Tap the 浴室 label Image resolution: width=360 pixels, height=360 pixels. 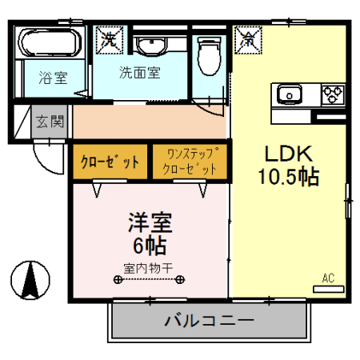[x=54, y=78]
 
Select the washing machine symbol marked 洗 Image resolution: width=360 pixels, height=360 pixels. [x=107, y=38]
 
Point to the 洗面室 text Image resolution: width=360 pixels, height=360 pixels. [x=141, y=73]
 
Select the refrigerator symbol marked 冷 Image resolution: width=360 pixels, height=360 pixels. [x=246, y=37]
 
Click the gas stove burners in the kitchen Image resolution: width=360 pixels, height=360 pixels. [x=332, y=95]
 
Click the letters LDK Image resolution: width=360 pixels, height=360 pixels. [x=287, y=153]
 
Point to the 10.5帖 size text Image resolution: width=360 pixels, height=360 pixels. [x=287, y=176]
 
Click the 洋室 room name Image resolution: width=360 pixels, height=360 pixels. [x=149, y=220]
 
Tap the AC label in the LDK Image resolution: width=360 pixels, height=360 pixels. [x=327, y=278]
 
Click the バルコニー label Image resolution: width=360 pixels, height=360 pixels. [x=209, y=322]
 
